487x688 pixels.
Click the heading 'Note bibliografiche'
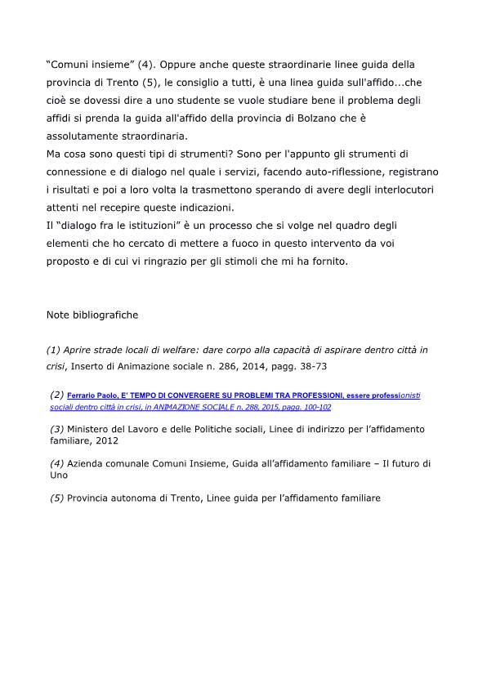92,315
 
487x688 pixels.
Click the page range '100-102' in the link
313,406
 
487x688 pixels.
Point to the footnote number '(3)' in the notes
57,429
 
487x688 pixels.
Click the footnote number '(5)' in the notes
57,498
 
